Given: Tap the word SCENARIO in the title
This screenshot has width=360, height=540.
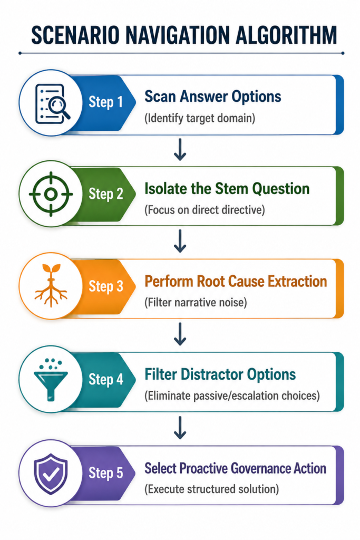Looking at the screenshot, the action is [x=75, y=35].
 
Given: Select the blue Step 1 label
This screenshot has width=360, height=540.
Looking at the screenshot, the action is [x=105, y=102].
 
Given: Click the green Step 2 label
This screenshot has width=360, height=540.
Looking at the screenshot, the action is [x=105, y=194].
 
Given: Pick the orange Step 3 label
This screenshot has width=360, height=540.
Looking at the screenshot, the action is [x=105, y=286].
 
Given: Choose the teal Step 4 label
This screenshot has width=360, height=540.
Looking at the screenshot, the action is [x=105, y=379].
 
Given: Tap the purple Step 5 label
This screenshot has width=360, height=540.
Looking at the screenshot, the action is [x=105, y=473].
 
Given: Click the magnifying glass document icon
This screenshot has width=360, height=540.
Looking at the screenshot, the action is [x=52, y=104].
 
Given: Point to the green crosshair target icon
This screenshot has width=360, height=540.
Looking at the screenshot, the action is [x=51, y=194].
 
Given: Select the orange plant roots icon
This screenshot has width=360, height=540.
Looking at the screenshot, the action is [x=51, y=285].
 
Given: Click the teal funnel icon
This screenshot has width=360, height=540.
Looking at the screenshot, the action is [x=51, y=380].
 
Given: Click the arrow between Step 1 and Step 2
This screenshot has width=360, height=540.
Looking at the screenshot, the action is [x=180, y=150].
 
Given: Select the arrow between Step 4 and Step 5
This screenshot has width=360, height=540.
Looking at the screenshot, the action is [x=180, y=428].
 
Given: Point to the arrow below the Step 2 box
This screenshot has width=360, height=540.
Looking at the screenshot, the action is [x=180, y=242].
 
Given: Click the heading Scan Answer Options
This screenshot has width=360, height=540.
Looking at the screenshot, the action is [x=213, y=97].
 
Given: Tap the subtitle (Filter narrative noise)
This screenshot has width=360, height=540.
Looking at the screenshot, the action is [x=196, y=303].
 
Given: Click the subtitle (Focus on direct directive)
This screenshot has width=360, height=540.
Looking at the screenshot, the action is [x=205, y=210].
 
